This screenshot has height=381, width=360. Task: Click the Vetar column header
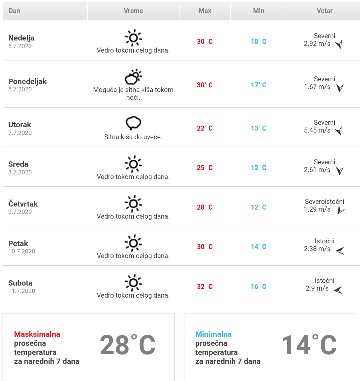pos(324,11)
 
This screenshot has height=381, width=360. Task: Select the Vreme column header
pos(133,11)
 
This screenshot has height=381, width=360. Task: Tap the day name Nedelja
pos(21,38)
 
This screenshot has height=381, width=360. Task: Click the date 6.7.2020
pos(20,89)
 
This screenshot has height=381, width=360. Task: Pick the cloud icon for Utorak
pos(133,123)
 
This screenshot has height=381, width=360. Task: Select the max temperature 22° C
pos(205,128)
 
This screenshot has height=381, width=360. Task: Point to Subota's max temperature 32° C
pos(205,287)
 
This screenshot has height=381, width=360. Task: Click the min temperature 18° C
pos(259,42)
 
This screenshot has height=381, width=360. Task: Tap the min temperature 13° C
pos(259,128)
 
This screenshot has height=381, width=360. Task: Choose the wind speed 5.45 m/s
pos(317,130)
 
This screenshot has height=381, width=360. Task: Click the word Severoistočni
pos(325,202)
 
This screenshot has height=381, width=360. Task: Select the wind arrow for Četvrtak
pos(341,210)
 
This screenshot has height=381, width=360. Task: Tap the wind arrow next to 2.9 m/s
pos(338,290)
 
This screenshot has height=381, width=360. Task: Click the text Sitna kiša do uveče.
pos(133,137)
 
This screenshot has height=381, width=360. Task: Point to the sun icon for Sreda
pos(133,164)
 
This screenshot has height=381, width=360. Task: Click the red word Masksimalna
pos(37,334)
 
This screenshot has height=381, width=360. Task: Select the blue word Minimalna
pos(213,334)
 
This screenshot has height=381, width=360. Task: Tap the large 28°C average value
pos(128,345)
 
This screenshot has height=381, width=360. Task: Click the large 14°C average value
pos(309,345)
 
